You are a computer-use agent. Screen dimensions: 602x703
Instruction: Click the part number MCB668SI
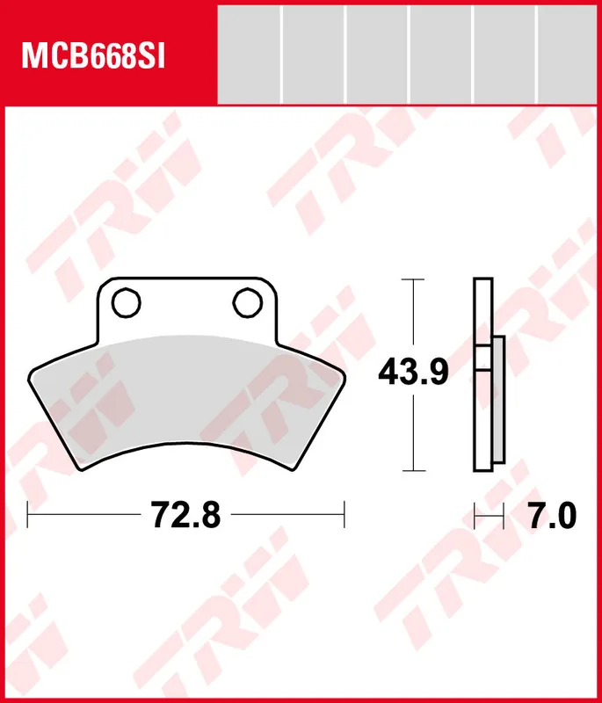(93, 57)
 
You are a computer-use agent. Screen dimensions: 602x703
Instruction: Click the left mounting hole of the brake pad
(127, 303)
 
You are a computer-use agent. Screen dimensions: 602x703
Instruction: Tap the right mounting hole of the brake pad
(248, 303)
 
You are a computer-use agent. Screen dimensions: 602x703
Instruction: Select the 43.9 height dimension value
(413, 373)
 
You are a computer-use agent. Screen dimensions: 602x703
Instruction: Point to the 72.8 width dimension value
(185, 515)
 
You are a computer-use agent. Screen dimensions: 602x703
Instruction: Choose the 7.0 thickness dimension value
(552, 516)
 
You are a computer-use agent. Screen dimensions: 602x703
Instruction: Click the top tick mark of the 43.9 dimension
(413, 279)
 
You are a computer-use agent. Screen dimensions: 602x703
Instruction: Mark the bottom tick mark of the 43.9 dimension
(413, 471)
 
